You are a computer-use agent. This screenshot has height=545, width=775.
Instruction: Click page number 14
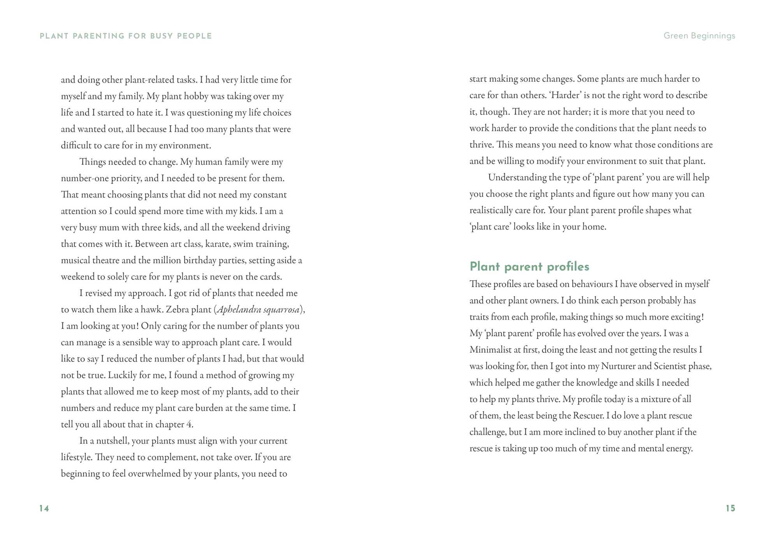point(44,508)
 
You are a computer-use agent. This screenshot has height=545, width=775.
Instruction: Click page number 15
point(730,508)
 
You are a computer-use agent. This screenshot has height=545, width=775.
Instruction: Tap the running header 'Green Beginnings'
point(699,36)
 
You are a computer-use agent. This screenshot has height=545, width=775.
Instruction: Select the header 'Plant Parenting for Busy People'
point(126,36)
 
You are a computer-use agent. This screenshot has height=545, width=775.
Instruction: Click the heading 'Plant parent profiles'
point(529,266)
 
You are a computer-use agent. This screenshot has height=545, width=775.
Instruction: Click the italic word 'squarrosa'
point(281,310)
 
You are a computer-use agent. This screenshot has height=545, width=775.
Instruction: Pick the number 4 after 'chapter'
point(189,425)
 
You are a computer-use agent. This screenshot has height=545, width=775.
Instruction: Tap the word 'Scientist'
point(670,366)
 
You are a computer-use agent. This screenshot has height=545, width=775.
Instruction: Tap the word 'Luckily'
point(122,375)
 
